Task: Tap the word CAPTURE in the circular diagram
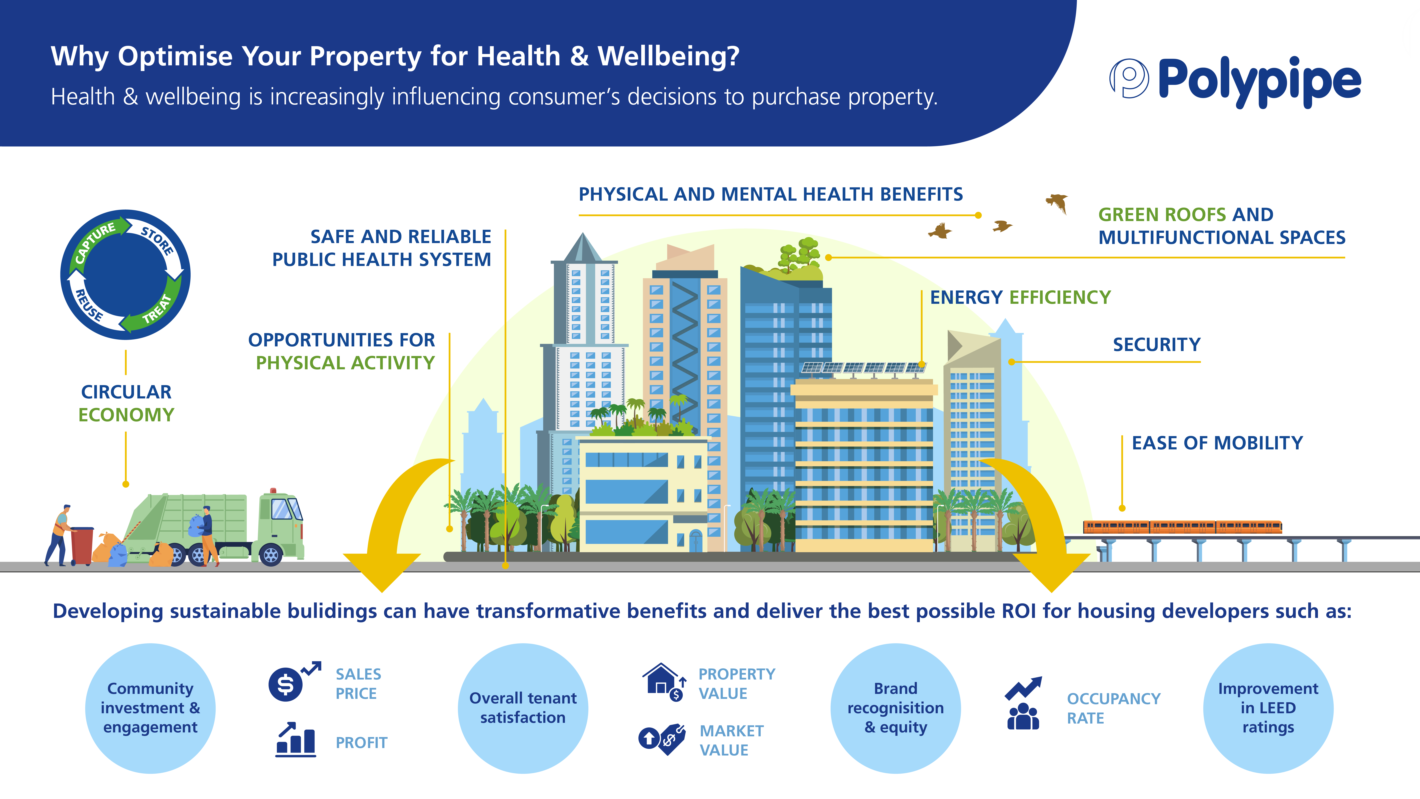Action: [95, 243]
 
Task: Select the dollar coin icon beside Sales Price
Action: [286, 684]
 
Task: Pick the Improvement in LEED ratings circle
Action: [1268, 708]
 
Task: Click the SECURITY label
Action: [1156, 345]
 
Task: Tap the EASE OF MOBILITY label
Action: [1217, 443]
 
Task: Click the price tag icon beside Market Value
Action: [671, 739]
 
